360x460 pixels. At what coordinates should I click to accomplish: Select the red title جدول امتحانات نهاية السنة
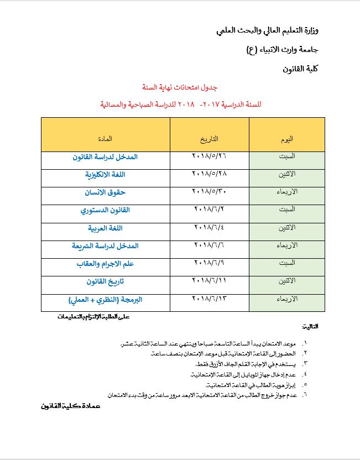[x=180, y=87]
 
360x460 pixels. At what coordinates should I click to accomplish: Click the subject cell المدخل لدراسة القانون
[x=105, y=157]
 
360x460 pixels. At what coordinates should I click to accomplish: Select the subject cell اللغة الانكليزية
[x=105, y=175]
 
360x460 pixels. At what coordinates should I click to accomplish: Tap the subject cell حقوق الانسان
[x=105, y=192]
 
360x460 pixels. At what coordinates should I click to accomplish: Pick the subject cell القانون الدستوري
[x=105, y=210]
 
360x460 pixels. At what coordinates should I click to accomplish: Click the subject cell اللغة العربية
[x=105, y=228]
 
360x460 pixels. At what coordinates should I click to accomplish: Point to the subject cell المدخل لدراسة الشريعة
[x=105, y=245]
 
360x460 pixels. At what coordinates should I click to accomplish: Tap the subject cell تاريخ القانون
[x=105, y=281]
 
